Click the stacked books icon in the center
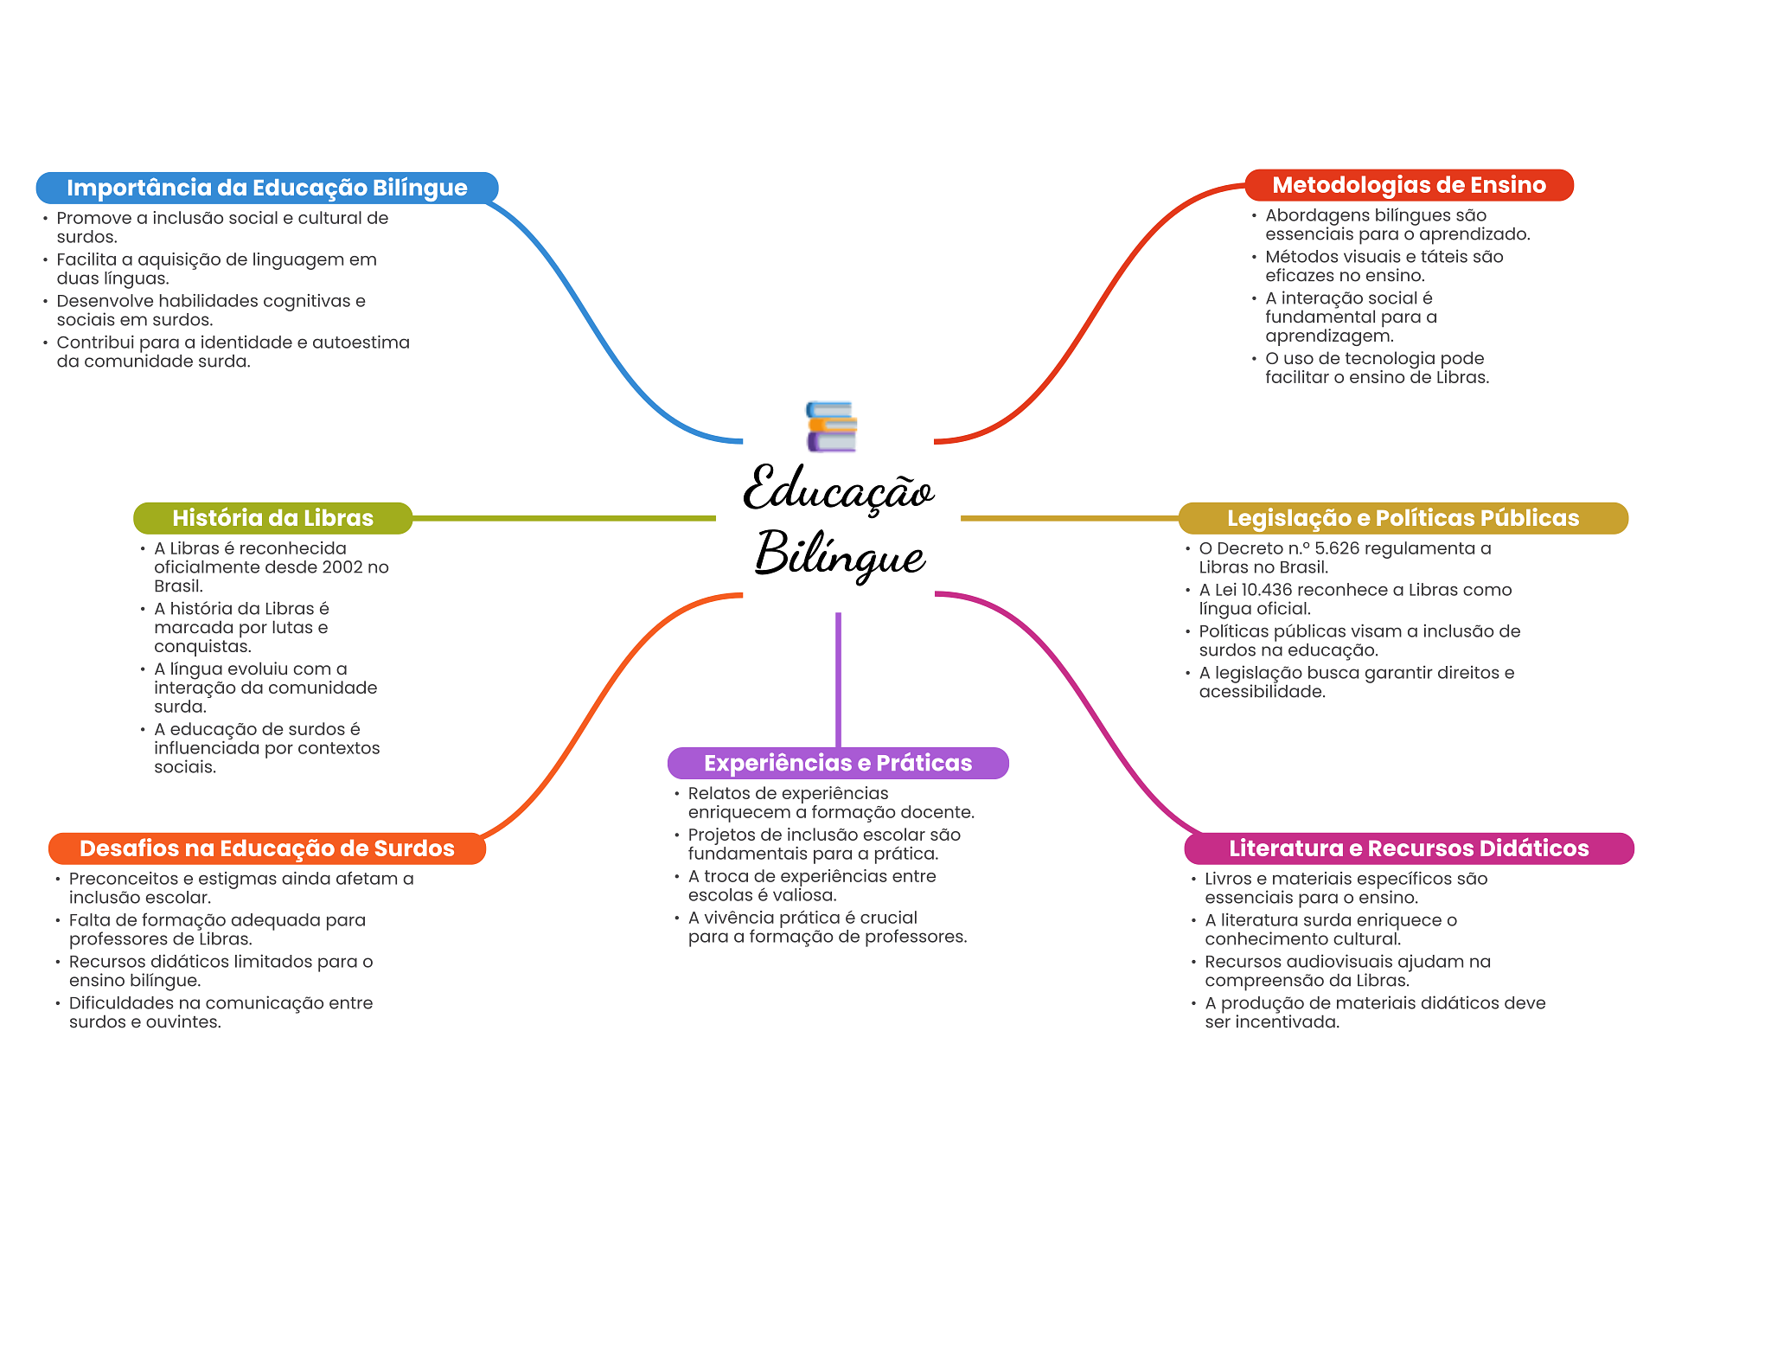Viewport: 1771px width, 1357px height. pos(831,426)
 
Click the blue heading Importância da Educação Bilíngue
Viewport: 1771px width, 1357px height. pos(266,188)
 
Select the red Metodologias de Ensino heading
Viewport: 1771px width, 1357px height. pos(1409,185)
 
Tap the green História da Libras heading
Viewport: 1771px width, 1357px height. pos(272,518)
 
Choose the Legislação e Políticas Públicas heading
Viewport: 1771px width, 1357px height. pos(1403,518)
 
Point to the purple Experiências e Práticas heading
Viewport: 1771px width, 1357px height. pos(837,763)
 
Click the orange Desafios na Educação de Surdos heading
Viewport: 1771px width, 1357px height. pos(266,848)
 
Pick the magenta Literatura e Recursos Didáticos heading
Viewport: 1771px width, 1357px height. pos(1409,848)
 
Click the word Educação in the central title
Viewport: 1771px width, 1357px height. pos(838,490)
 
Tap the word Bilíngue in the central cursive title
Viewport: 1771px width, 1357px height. pos(840,554)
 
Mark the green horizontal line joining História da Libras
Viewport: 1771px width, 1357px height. pos(562,518)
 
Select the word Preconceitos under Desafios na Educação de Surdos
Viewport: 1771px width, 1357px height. pos(123,879)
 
